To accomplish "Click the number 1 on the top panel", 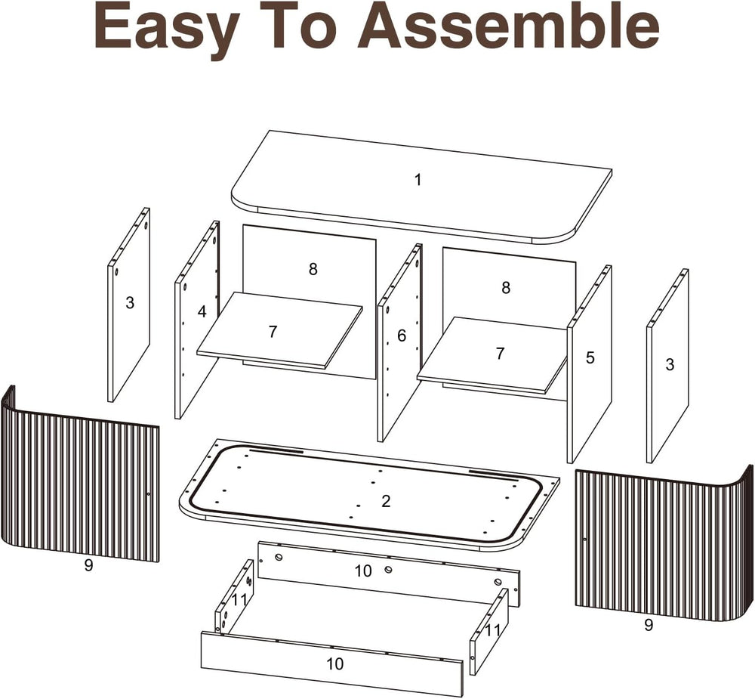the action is pos(418,180).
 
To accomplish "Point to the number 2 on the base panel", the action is pos(386,501).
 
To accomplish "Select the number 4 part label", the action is pos(202,312).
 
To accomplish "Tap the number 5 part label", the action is pos(590,357).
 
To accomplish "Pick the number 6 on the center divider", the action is pos(402,336).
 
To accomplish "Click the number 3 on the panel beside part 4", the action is pos(130,303).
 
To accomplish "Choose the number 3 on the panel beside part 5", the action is pos(670,364).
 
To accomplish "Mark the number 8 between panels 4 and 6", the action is pos(313,269).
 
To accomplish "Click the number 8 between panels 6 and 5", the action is pos(506,288).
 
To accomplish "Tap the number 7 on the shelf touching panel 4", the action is pos(273,332).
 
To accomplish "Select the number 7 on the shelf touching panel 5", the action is pos(501,354).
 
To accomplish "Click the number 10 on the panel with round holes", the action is pos(364,571).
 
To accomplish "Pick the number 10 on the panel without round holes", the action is pos(335,663).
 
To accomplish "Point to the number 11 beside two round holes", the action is pos(239,601).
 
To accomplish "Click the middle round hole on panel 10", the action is pos(388,570).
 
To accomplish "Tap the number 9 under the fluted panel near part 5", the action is pos(649,625).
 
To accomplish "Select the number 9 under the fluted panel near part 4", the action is pos(88,565).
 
